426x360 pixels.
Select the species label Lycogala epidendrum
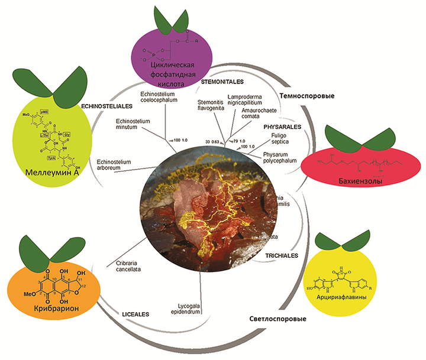pos(187,310)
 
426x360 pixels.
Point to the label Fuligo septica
pos(280,140)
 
